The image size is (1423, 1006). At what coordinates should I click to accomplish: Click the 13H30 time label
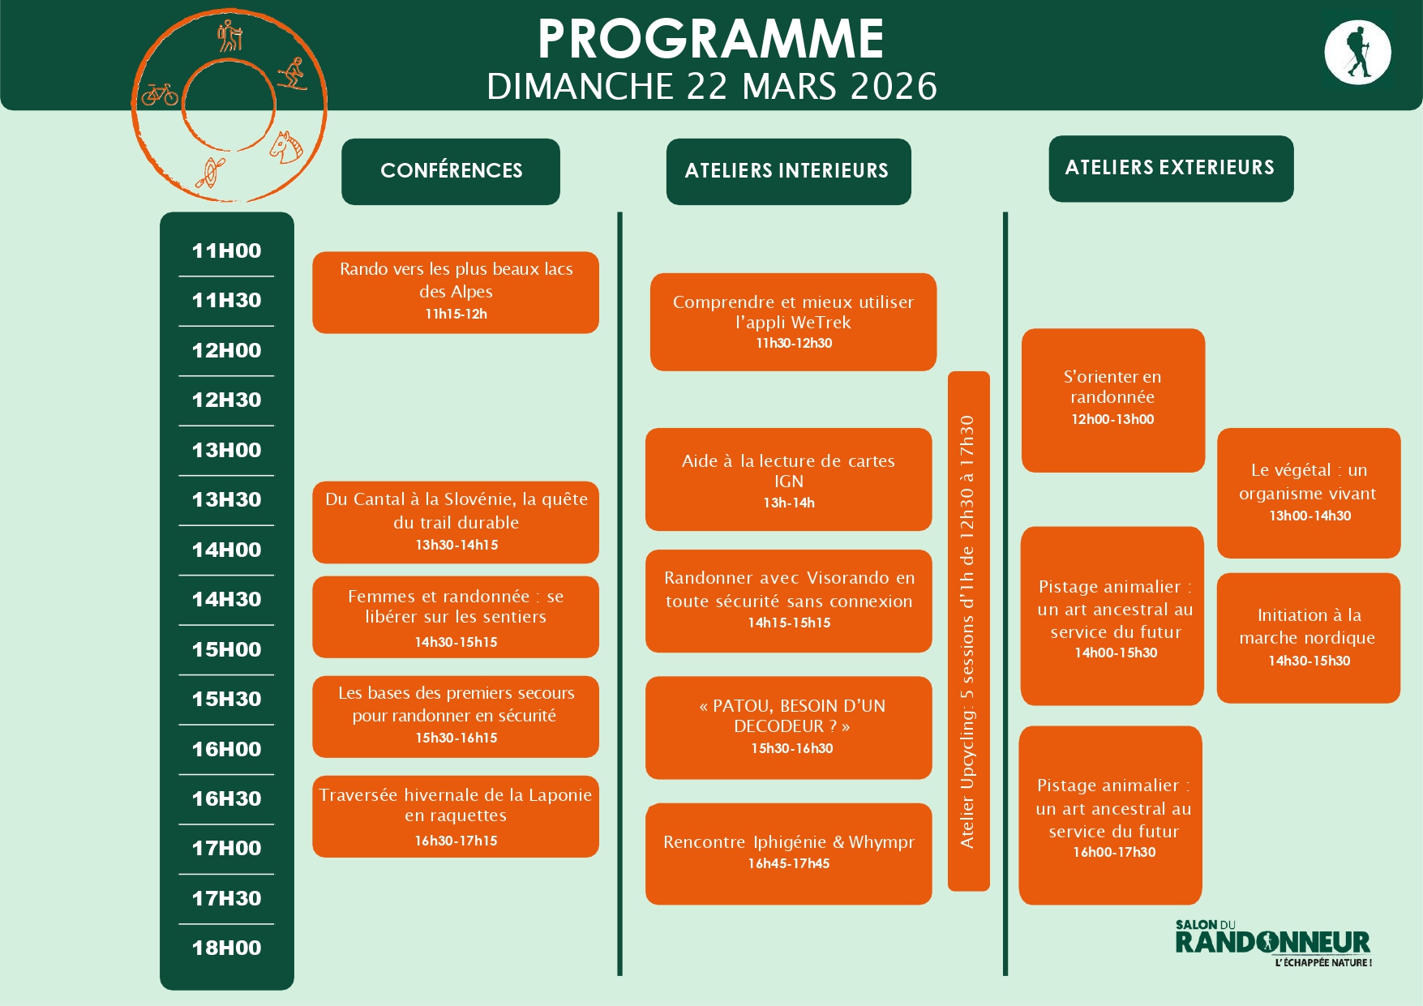coord(226,499)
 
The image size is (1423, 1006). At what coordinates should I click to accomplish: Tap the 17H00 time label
coord(226,848)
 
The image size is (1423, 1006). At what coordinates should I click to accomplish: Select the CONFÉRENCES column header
coord(451,171)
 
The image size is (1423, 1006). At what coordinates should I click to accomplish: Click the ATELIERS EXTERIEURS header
coord(1170,168)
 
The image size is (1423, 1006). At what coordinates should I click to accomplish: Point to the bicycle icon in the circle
coord(160,95)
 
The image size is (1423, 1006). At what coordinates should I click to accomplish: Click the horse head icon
coord(285,148)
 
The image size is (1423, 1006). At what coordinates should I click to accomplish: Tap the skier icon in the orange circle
coord(293,75)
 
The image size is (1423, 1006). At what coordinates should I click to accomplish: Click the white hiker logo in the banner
coord(1357,53)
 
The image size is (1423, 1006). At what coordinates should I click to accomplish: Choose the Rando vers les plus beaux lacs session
coord(456,292)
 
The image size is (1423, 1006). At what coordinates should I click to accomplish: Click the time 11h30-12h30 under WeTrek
coord(794,343)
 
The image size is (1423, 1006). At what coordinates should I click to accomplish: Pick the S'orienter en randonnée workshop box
coord(1112,400)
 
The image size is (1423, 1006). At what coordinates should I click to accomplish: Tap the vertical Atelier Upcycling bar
coord(968,631)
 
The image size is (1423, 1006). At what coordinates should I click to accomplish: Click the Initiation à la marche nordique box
coord(1308,637)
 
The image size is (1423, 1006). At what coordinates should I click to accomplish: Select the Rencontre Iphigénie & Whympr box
coord(788,853)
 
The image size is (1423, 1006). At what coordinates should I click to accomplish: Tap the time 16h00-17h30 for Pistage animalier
coord(1114,852)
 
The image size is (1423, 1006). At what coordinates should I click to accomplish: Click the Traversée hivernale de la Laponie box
coord(456,816)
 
